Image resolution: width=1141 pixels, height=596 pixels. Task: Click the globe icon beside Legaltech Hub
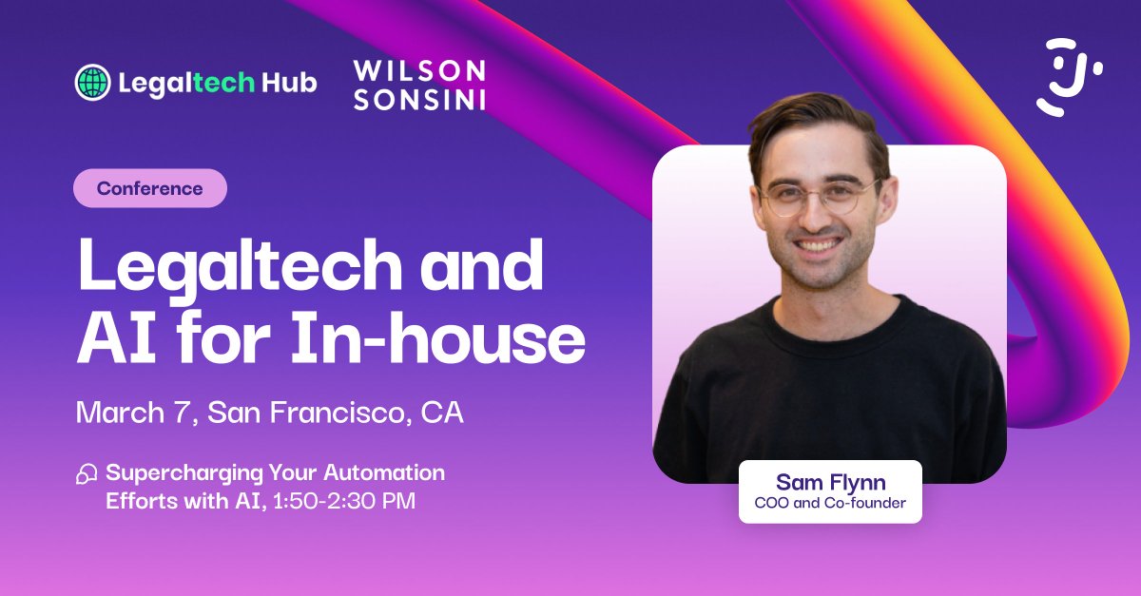coord(92,83)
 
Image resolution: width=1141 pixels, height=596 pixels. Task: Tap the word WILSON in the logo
coord(419,70)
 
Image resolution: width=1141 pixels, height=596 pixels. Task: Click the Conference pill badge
coord(150,188)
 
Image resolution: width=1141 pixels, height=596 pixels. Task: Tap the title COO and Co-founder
coord(830,503)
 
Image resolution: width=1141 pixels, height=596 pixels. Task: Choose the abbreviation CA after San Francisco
coord(442,413)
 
